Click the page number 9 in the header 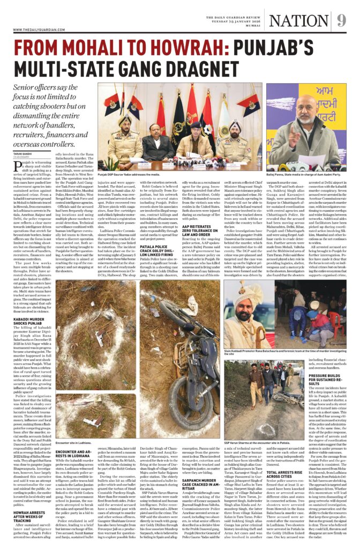pyautogui.click(x=342, y=20)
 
